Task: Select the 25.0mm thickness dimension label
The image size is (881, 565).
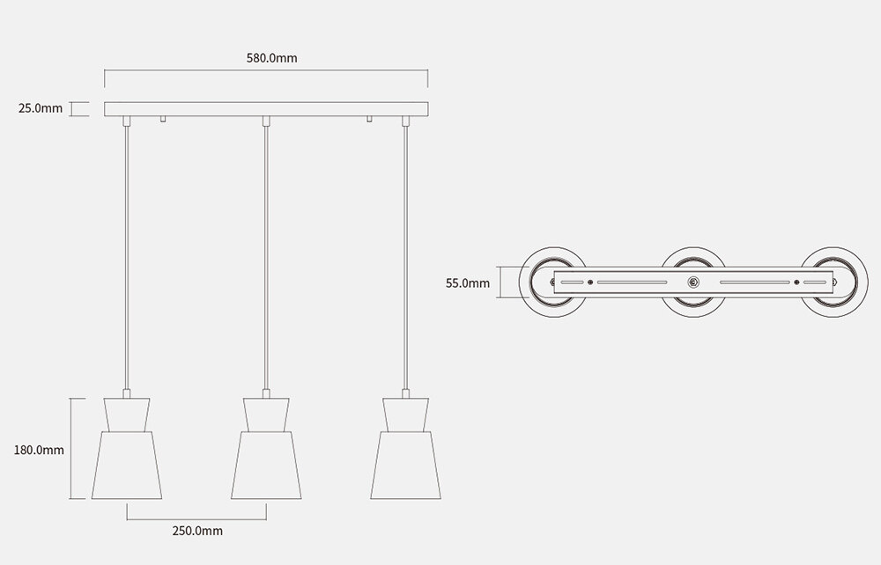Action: (41, 109)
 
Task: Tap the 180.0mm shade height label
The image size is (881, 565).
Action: (39, 450)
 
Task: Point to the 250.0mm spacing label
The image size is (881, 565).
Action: (196, 531)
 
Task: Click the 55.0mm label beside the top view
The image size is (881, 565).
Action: (468, 283)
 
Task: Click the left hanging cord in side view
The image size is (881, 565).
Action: (127, 255)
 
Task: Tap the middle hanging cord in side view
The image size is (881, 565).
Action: (266, 255)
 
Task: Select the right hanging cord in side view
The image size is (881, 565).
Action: (406, 255)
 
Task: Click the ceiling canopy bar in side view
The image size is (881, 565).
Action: (266, 109)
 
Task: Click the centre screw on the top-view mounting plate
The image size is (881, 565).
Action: (693, 282)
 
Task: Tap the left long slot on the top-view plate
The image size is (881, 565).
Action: (632, 282)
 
